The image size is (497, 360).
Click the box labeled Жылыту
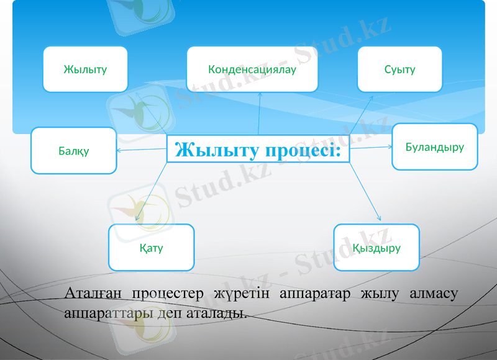point(85,70)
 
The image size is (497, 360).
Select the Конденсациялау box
point(252,70)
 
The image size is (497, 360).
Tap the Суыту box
point(399,70)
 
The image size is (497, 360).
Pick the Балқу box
point(74,151)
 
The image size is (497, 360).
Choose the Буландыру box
point(434,147)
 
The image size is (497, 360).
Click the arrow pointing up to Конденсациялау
point(259,115)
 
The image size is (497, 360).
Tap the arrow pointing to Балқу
point(142,149)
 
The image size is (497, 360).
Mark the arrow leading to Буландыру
point(371,147)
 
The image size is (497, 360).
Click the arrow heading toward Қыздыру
point(364,191)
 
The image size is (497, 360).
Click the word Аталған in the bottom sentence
point(93,294)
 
